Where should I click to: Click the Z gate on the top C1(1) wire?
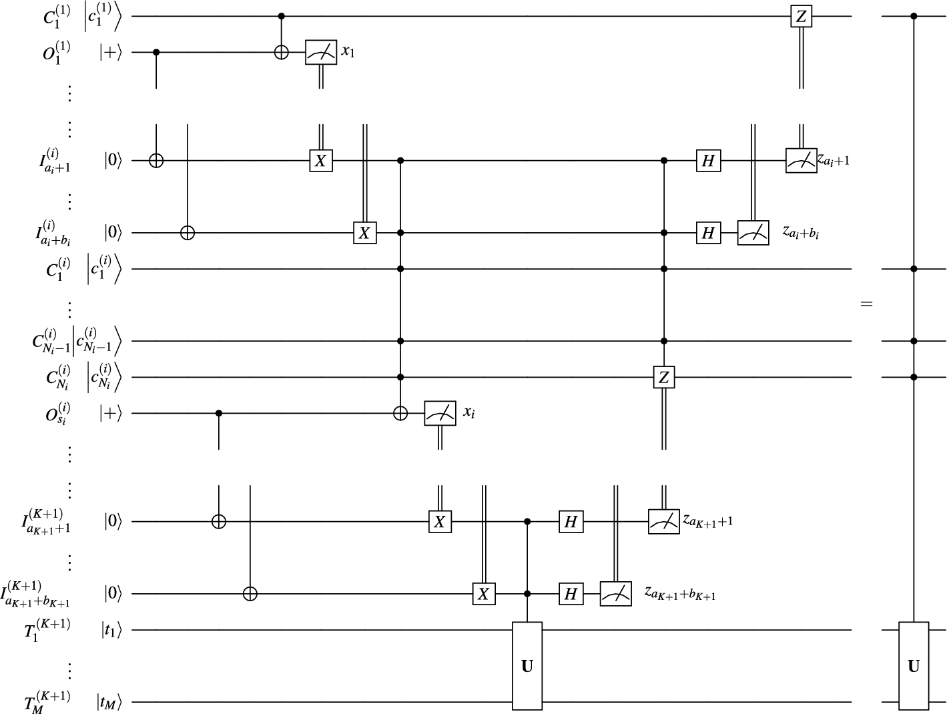pos(801,16)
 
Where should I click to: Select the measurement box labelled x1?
pos(321,52)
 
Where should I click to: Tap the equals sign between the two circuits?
pos(866,304)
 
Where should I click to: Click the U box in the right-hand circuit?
pos(914,665)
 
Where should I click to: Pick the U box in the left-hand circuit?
pos(527,665)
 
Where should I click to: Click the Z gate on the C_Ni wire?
pos(663,378)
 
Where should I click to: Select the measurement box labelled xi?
pos(440,414)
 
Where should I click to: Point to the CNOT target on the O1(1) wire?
pos(282,52)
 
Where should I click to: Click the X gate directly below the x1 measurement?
pos(321,161)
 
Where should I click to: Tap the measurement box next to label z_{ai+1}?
pos(801,161)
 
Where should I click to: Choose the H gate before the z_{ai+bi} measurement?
pos(708,233)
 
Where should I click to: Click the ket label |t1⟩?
pos(112,629)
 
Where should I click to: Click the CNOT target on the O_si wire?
pos(399,414)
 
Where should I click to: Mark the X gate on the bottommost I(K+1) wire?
pos(484,593)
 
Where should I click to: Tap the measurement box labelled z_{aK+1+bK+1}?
pos(615,593)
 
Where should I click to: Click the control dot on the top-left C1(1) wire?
pos(282,16)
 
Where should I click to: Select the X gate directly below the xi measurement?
pos(440,521)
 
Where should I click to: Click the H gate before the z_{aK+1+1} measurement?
pos(571,521)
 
